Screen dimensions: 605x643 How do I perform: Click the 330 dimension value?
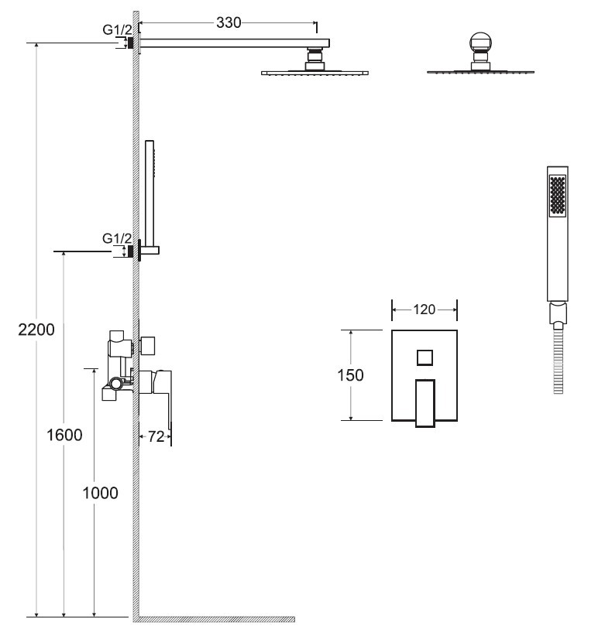pos(229,22)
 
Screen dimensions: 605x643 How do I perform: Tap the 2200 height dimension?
pos(36,330)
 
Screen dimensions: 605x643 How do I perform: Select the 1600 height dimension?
pos(64,435)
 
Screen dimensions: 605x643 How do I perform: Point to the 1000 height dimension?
pos(100,492)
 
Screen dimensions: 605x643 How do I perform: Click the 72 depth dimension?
pos(156,436)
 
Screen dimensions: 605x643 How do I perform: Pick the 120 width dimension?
pos(424,310)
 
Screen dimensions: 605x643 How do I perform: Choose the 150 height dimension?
pos(350,375)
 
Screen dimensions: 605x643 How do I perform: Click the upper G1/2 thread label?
pos(118,29)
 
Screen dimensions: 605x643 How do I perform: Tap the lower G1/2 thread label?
pos(117,238)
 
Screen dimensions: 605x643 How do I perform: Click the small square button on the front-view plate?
pos(425,357)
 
